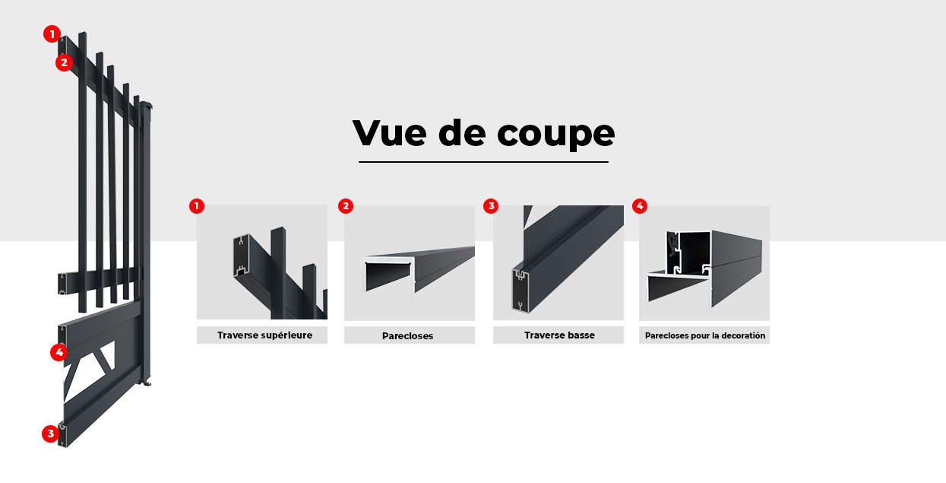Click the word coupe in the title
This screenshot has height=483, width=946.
pyautogui.click(x=556, y=134)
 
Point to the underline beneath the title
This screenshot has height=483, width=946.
pyautogui.click(x=483, y=162)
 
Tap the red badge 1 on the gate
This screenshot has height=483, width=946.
pyautogui.click(x=51, y=33)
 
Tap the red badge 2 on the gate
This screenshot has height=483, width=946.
pyautogui.click(x=64, y=62)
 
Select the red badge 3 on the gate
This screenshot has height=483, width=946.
pyautogui.click(x=50, y=434)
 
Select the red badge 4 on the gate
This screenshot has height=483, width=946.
pyautogui.click(x=59, y=352)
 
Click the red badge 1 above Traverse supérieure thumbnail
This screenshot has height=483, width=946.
pyautogui.click(x=197, y=206)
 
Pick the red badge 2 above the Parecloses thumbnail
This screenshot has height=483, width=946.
pyautogui.click(x=346, y=206)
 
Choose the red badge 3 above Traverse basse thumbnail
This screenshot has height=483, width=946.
pyautogui.click(x=491, y=206)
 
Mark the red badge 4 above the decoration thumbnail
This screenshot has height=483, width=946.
pyautogui.click(x=639, y=206)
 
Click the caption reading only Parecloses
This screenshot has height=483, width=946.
pyautogui.click(x=409, y=335)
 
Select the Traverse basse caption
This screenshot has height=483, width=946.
pyautogui.click(x=558, y=335)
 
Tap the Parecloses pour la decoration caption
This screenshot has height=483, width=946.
pyautogui.click(x=704, y=335)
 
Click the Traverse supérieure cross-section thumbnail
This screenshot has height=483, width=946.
pyautogui.click(x=262, y=262)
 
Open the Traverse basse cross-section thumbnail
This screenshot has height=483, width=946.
pyautogui.click(x=558, y=262)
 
